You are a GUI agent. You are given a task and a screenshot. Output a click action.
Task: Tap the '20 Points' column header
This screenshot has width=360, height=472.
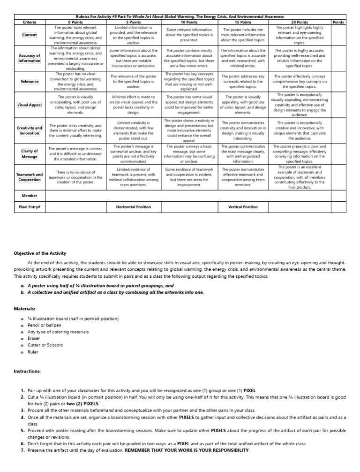[300, 22]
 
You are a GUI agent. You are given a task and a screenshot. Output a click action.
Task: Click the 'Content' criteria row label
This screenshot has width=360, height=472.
[30, 35]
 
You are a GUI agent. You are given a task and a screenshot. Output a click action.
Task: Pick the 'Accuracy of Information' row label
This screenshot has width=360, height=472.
[30, 58]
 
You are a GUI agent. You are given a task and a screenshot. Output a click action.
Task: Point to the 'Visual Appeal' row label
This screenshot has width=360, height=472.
[30, 105]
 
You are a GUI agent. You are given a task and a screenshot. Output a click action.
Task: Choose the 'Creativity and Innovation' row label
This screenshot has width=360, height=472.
[30, 130]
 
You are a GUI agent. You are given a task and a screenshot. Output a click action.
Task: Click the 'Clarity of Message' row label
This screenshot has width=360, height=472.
[30, 153]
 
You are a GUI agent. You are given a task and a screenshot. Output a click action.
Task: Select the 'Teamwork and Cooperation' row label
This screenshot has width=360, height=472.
[30, 177]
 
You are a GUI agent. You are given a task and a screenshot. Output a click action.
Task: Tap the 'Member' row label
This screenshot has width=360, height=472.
[30, 195]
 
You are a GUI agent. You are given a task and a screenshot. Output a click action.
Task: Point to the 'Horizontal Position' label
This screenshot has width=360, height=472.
[134, 206]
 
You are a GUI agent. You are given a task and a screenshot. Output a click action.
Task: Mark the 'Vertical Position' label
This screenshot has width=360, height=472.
[242, 206]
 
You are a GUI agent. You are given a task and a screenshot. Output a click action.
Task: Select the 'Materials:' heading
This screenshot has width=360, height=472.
[24, 308]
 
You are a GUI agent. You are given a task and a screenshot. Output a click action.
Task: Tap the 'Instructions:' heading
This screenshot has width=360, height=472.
[27, 371]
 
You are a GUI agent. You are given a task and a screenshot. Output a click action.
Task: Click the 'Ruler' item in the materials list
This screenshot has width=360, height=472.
[33, 351]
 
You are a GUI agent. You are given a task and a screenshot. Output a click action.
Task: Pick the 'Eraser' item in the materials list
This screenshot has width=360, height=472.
[34, 338]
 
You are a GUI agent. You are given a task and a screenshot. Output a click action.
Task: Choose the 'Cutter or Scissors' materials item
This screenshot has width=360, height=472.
[45, 345]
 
